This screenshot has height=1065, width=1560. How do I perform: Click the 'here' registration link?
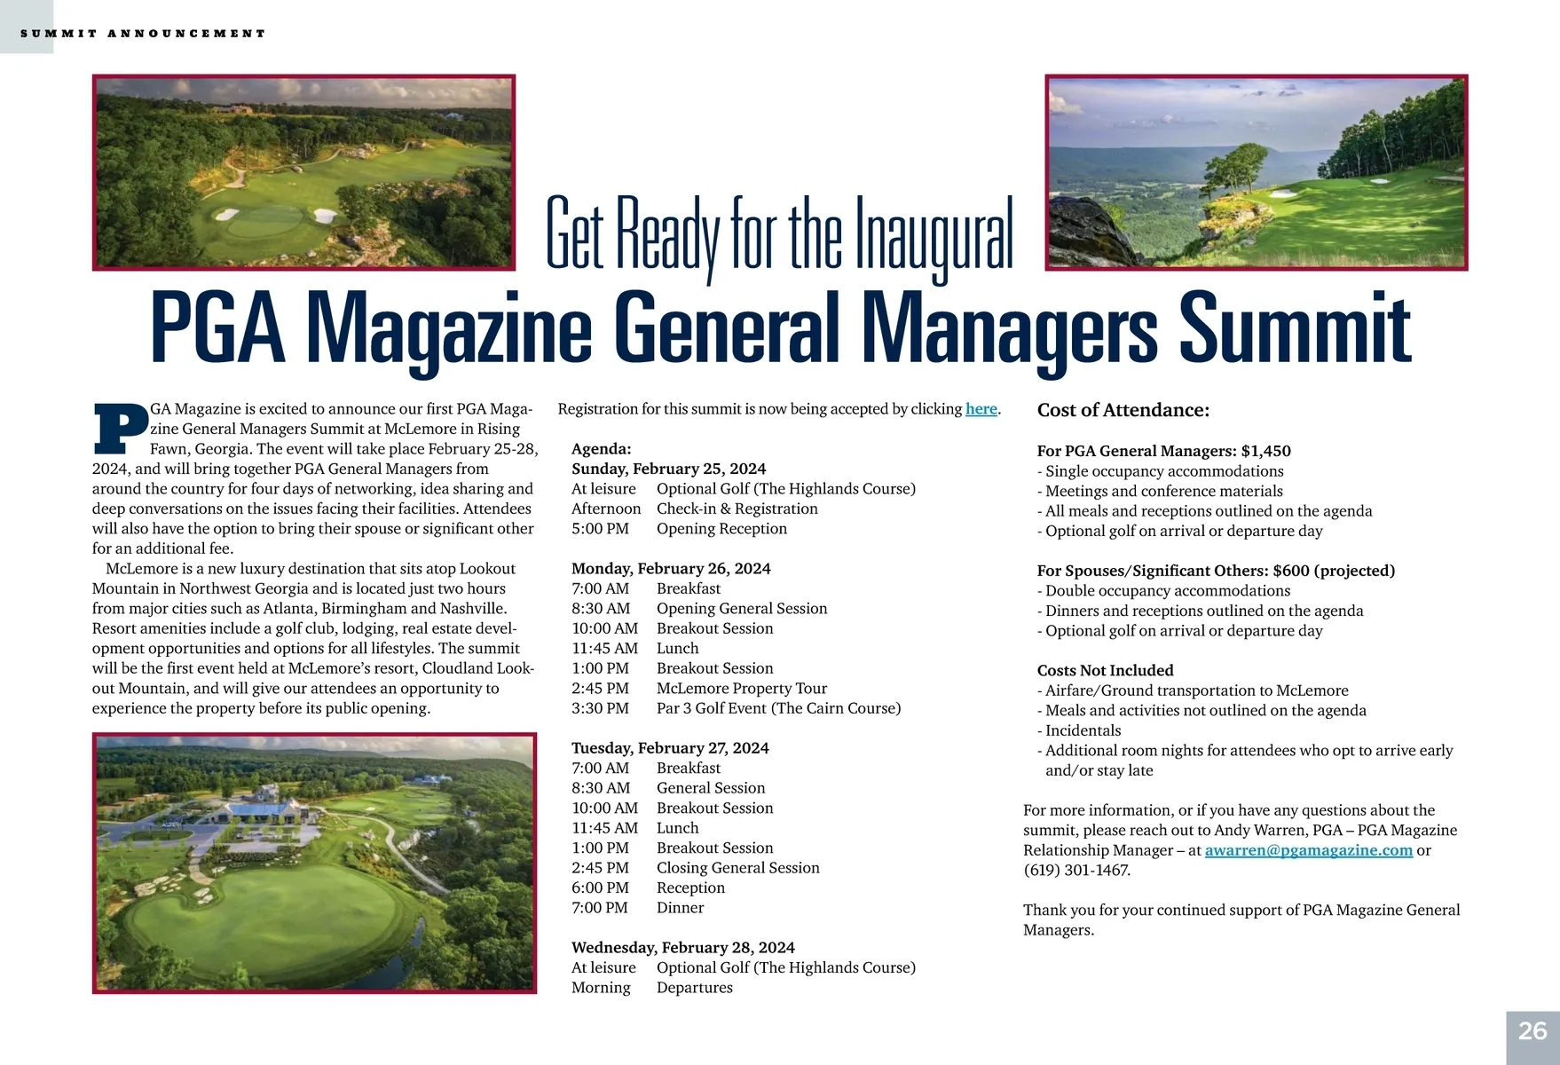(981, 409)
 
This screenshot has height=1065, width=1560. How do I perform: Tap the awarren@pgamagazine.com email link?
(1308, 850)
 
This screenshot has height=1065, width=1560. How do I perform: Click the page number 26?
(1532, 1030)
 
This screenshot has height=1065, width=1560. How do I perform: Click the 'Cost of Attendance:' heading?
(1123, 410)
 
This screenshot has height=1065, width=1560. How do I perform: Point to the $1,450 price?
(1265, 451)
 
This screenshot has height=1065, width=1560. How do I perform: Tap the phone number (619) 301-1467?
(1077, 870)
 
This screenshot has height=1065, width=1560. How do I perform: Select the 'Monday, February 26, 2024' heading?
(671, 569)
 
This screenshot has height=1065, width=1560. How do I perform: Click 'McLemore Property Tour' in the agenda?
(741, 689)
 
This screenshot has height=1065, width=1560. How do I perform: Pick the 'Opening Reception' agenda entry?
(721, 529)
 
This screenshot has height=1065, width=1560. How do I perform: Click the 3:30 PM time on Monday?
(600, 708)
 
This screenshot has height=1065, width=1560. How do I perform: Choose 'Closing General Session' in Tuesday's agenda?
(737, 868)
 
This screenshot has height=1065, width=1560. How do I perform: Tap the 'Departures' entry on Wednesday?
(694, 988)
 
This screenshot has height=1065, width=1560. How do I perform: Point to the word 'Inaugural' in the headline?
(933, 235)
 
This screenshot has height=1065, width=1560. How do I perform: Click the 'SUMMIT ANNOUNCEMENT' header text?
(142, 34)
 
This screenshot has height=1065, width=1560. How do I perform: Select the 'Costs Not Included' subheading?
(1105, 671)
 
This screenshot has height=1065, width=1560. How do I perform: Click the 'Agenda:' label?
(601, 449)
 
